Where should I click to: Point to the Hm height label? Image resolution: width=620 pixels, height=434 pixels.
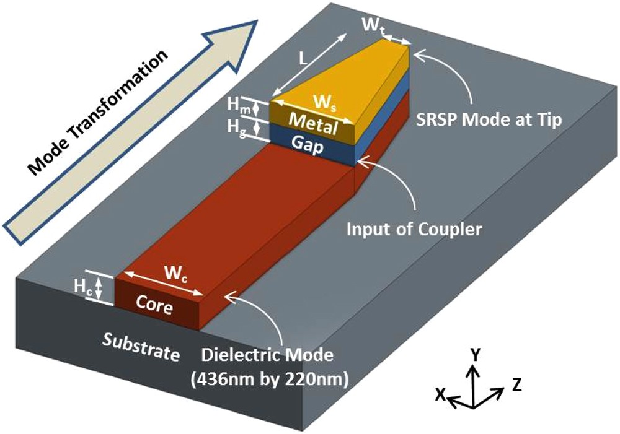[x=235, y=106]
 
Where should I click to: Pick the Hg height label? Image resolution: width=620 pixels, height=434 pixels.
[x=235, y=128]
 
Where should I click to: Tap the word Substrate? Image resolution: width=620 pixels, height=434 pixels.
[x=141, y=347]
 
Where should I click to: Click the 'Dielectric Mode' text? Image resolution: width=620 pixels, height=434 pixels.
[x=268, y=355]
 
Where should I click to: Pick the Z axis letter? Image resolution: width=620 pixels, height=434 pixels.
[x=517, y=384]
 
